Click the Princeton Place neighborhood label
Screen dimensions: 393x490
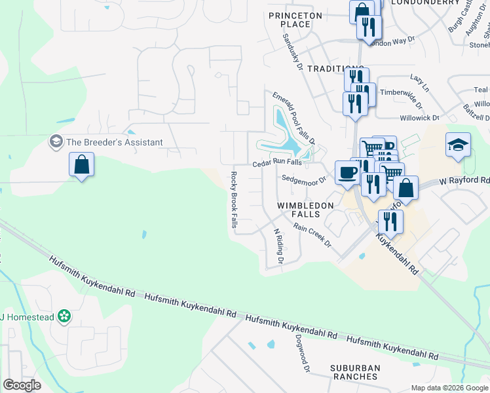295,20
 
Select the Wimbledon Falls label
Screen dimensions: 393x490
305,210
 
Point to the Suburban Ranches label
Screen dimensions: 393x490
354,372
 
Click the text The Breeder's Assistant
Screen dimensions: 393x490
114,142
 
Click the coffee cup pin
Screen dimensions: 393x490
347,173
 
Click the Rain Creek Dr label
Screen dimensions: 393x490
312,235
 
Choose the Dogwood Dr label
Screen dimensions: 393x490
302,354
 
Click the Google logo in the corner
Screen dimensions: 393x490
22,385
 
